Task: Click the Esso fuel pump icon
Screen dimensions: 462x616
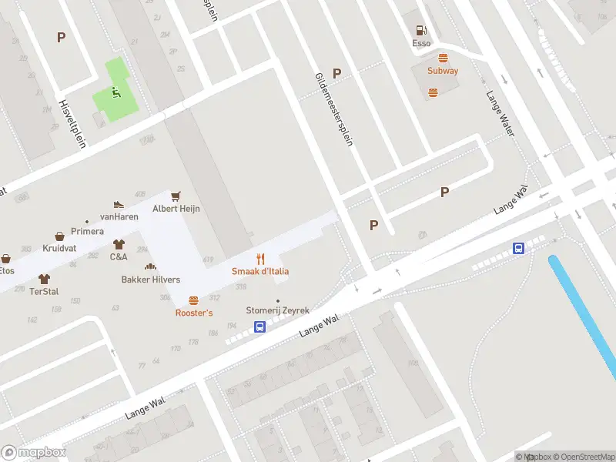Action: pos(421,31)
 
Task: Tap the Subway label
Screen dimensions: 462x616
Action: pos(443,71)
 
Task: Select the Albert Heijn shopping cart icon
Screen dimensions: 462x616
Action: pos(176,196)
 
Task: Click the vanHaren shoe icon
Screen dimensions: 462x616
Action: pos(119,205)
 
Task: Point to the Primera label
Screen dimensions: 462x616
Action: pos(87,231)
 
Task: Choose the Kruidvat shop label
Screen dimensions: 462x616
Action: pos(59,249)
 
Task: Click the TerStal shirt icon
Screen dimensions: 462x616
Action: pos(44,279)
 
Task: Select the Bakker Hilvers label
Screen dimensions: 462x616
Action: pos(151,280)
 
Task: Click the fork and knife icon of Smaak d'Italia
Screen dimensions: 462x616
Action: pos(260,259)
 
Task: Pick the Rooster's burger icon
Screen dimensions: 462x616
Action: pos(193,300)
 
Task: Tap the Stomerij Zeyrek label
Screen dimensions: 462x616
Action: pos(277,310)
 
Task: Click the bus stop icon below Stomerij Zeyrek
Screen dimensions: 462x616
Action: pos(260,326)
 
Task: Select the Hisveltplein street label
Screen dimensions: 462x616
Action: pos(72,122)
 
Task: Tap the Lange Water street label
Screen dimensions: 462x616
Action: pos(499,114)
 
